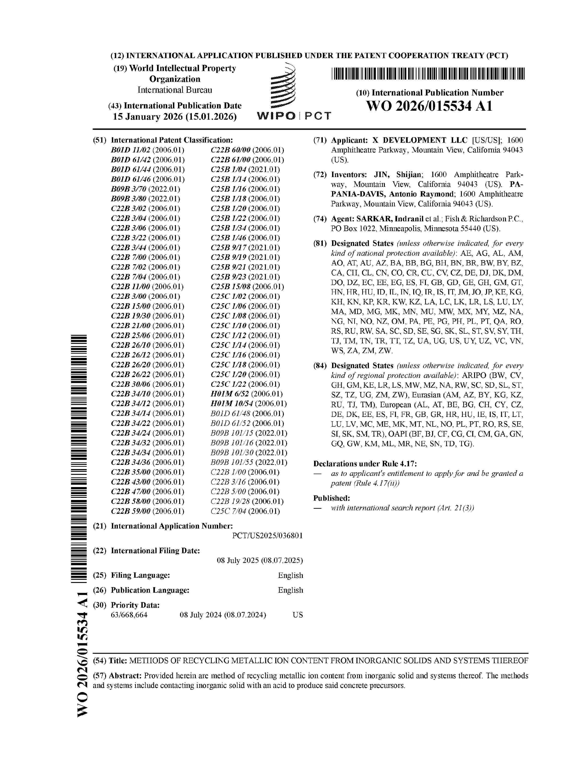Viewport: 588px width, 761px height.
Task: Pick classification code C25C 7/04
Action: [x=228, y=511]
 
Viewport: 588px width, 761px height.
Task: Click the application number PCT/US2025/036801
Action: [x=267, y=535]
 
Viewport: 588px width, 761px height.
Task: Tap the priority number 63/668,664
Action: [x=129, y=615]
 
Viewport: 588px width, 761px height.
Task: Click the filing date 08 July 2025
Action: [x=259, y=560]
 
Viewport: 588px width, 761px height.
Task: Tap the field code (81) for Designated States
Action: [x=320, y=244]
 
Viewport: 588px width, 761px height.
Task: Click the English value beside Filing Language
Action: [x=290, y=575]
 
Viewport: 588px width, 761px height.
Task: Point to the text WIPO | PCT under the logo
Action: [x=294, y=116]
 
